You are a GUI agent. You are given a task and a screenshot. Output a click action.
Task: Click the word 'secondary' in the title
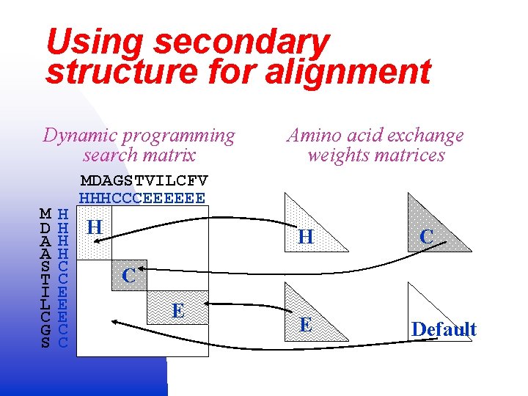241,43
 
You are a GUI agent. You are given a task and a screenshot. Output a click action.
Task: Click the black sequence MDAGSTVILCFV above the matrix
144,180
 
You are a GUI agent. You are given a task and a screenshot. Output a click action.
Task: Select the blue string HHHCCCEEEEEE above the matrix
142,198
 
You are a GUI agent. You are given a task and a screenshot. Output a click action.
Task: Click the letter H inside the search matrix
94,227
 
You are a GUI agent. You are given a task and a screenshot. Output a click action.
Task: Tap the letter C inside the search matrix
128,276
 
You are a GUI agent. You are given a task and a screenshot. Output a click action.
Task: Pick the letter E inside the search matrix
177,310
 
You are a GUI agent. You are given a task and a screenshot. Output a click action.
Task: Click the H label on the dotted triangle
306,237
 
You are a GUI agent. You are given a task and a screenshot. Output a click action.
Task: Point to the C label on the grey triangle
426,236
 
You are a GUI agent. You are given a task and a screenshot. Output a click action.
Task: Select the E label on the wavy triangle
306,325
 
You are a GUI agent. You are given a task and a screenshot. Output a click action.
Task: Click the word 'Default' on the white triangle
444,329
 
